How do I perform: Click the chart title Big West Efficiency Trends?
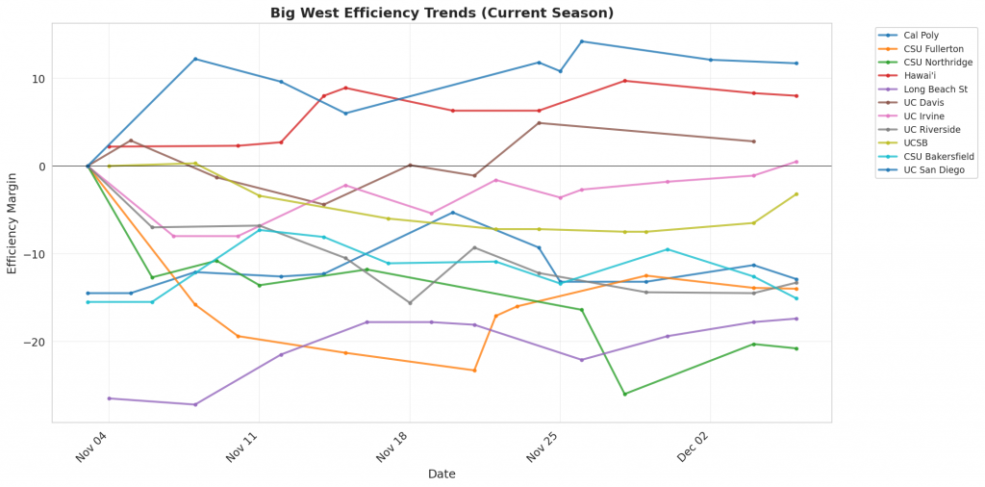tap(442, 13)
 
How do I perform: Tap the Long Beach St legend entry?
tap(917, 89)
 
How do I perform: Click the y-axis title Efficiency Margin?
tap(13, 223)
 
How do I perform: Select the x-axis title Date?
tap(442, 474)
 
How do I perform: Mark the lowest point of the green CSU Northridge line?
tap(624, 395)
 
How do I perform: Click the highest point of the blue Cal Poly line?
tap(582, 41)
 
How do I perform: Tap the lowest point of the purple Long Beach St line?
tap(195, 404)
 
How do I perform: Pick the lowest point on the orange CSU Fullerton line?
tap(474, 371)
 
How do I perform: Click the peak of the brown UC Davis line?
tap(539, 122)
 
